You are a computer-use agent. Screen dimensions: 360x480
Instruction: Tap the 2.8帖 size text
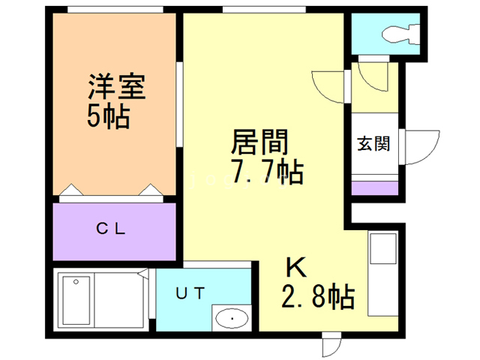pyautogui.click(x=318, y=297)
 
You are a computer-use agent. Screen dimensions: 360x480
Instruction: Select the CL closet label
pyautogui.click(x=114, y=229)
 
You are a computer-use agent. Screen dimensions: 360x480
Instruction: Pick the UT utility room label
pyautogui.click(x=189, y=294)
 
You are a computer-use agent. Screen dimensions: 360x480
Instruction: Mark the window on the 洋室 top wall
pyautogui.click(x=115, y=10)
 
